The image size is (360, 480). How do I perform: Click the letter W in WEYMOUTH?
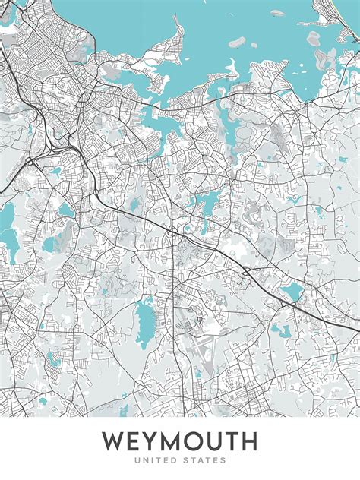point(114,441)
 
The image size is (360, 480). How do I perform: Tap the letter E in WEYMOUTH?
point(136,441)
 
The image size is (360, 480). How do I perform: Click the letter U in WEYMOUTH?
point(220,441)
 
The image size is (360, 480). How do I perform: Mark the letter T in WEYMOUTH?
point(238,441)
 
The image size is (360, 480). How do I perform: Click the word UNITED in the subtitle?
point(156,460)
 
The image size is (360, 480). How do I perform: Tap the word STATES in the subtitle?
point(205,460)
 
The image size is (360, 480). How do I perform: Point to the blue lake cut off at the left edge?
point(6,220)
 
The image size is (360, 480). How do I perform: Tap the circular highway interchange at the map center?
point(173,231)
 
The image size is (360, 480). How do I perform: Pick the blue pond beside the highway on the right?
point(292,291)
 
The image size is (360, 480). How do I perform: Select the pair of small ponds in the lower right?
point(279,331)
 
